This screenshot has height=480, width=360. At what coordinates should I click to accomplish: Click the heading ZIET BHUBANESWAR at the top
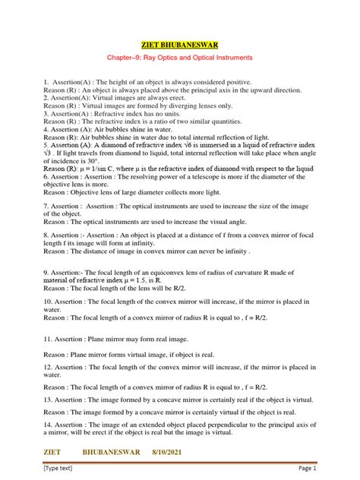[180, 45]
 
